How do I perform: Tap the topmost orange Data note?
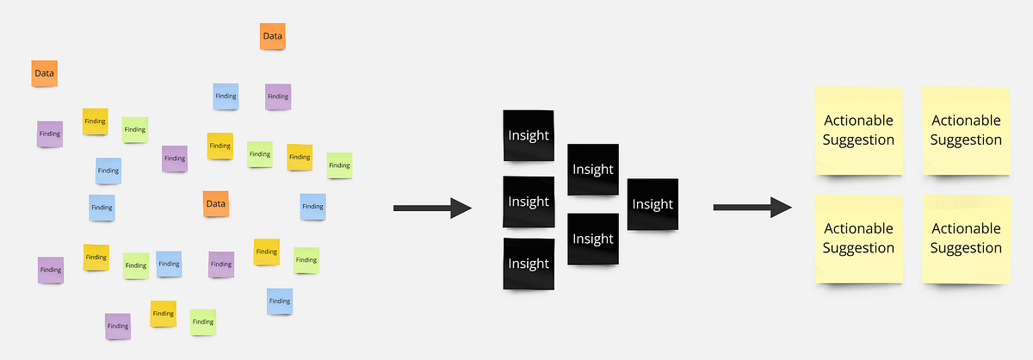(x=272, y=36)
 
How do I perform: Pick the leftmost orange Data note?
(x=45, y=74)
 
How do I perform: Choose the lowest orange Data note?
(x=215, y=204)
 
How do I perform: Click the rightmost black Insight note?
(x=653, y=204)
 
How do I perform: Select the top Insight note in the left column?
(x=529, y=136)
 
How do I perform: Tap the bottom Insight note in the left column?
(x=529, y=264)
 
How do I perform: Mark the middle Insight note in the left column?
(x=529, y=202)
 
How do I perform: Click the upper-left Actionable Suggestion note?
(x=858, y=130)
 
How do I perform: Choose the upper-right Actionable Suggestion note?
(x=966, y=130)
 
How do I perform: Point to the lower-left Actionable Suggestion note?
(x=858, y=239)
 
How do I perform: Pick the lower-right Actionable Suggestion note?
(x=966, y=239)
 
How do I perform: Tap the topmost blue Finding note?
(x=226, y=96)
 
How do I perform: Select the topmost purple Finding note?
(x=277, y=96)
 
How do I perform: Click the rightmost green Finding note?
(x=339, y=165)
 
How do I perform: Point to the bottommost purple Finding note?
(x=117, y=326)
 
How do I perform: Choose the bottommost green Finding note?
(x=203, y=322)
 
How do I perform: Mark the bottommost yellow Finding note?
(x=164, y=313)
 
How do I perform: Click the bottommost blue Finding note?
(x=279, y=301)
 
